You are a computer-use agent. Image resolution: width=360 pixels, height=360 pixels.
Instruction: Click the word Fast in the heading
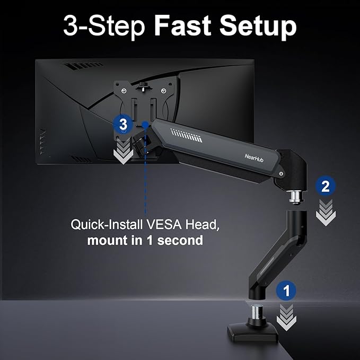tap(183, 26)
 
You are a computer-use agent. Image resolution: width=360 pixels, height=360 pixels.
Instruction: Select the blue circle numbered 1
tap(287, 290)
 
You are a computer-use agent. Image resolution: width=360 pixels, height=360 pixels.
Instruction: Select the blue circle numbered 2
tap(325, 186)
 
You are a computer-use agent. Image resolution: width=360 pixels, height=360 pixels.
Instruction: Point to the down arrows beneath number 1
tap(287, 317)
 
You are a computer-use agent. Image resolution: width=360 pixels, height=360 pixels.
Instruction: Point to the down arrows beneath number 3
tap(123, 151)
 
